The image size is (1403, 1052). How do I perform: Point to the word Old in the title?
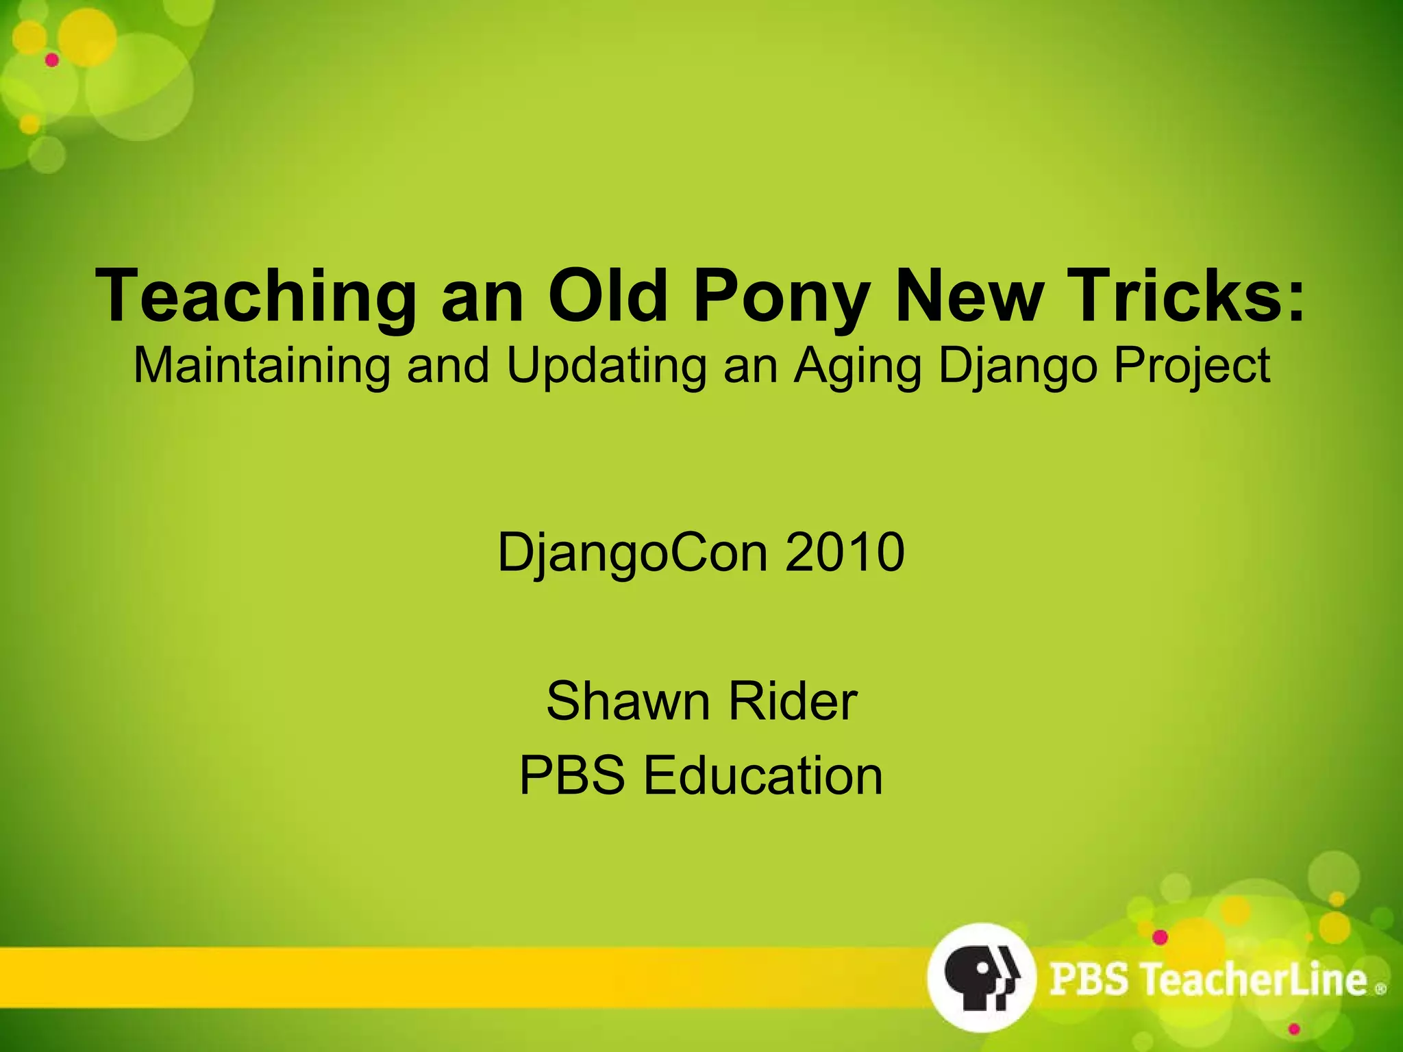(608, 296)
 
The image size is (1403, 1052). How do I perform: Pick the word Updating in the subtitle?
(606, 365)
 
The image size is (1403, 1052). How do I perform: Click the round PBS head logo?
(981, 977)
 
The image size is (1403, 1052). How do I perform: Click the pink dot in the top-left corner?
(52, 60)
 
